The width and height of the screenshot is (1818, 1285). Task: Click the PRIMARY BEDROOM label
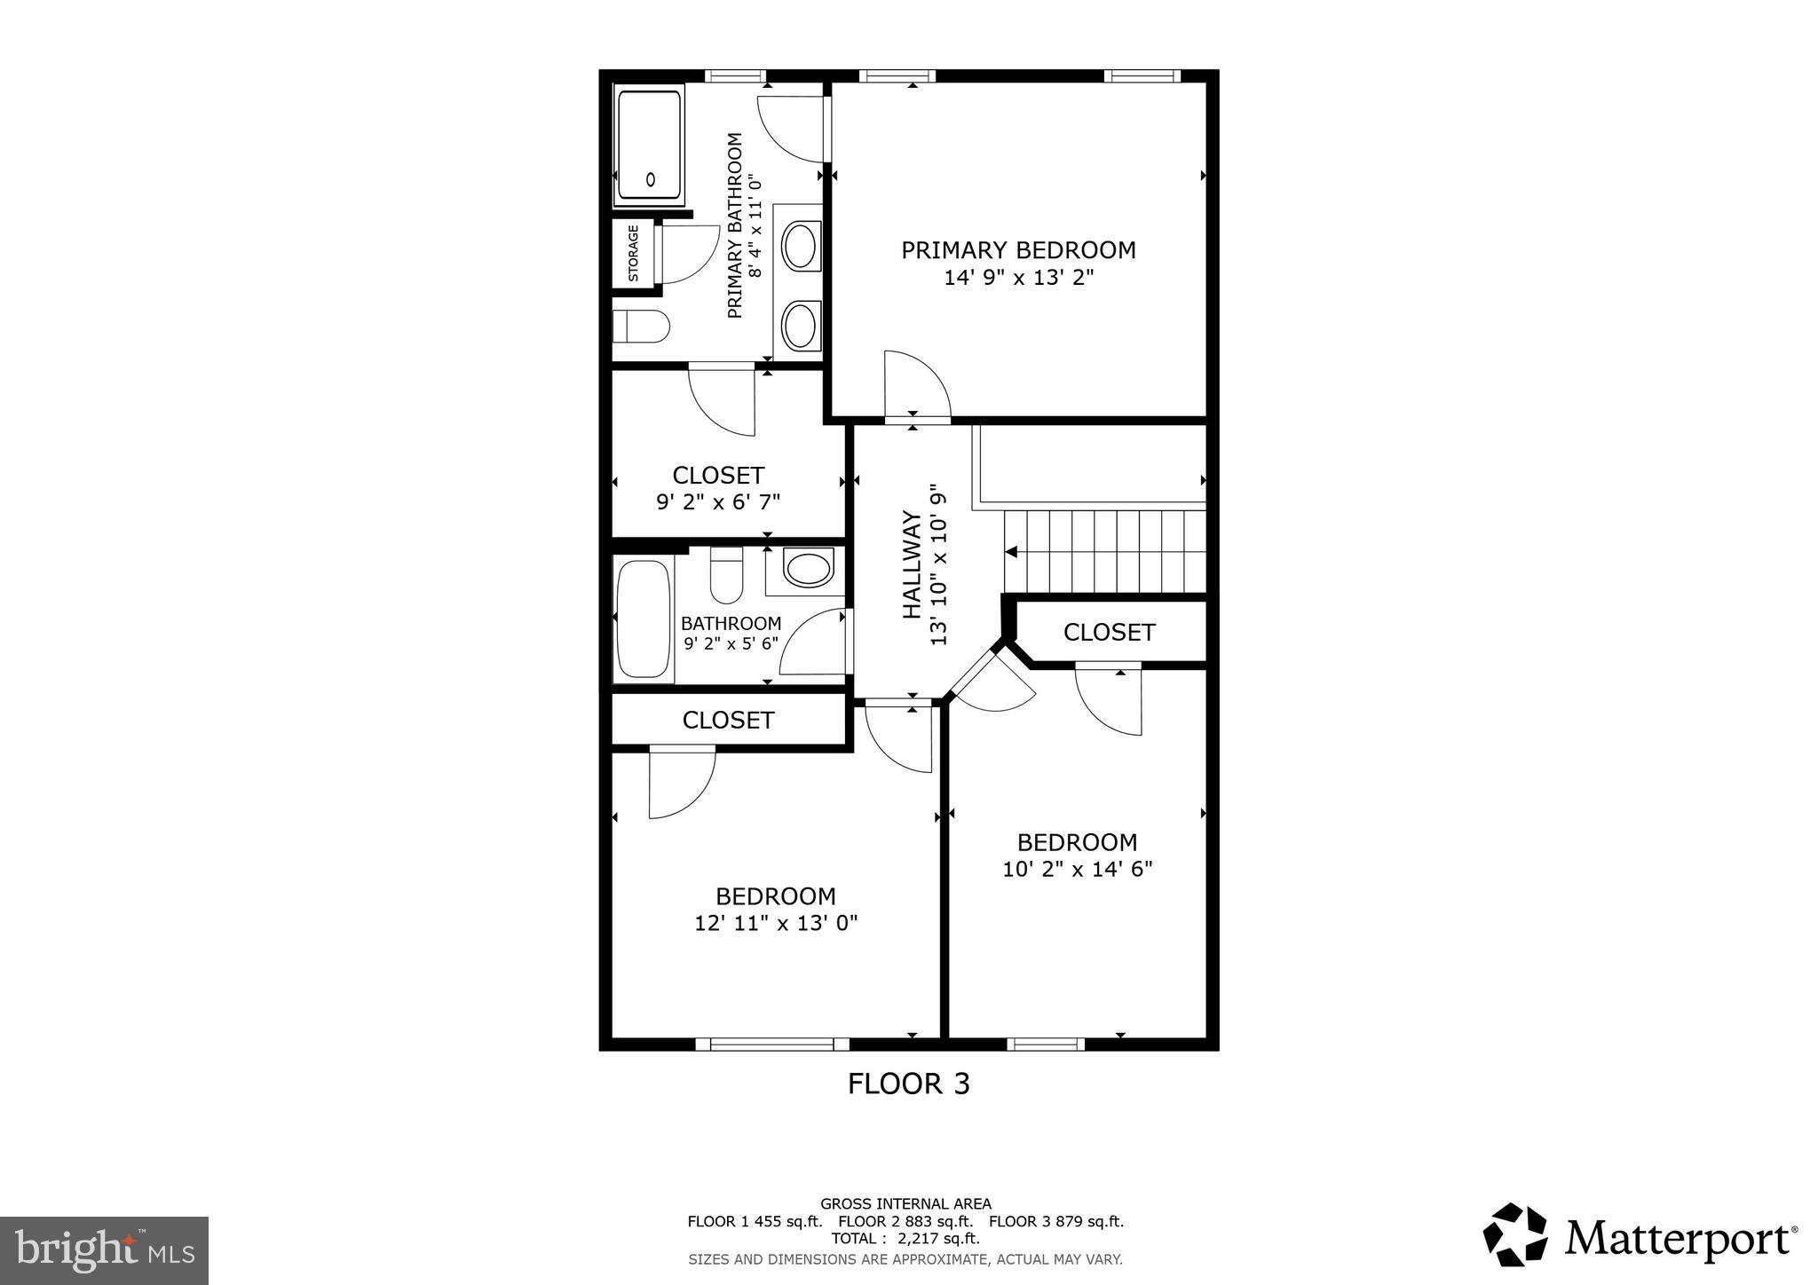[1018, 250]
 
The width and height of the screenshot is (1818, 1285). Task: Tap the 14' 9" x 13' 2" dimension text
[1018, 278]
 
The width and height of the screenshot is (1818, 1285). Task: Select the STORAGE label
[634, 253]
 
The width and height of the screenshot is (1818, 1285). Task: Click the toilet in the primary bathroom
[641, 327]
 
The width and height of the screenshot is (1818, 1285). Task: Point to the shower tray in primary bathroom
[650, 146]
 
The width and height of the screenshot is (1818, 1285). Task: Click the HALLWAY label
[912, 564]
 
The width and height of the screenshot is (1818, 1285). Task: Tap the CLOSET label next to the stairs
[1109, 632]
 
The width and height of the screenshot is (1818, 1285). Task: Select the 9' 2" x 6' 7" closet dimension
[718, 502]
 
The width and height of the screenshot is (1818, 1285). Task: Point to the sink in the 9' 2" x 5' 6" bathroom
[809, 569]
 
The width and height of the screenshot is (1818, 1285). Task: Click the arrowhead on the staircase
[1011, 552]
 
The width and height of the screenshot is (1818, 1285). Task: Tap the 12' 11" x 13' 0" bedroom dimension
[776, 924]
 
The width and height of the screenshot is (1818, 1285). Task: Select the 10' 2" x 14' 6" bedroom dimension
[1077, 869]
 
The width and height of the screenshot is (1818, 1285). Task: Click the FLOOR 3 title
[908, 1084]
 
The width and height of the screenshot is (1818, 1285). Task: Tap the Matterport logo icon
[1515, 1234]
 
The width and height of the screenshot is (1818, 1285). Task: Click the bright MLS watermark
[104, 1250]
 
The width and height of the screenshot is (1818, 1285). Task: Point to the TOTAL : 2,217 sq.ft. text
[905, 1238]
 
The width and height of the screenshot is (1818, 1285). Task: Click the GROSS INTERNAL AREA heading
[905, 1204]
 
